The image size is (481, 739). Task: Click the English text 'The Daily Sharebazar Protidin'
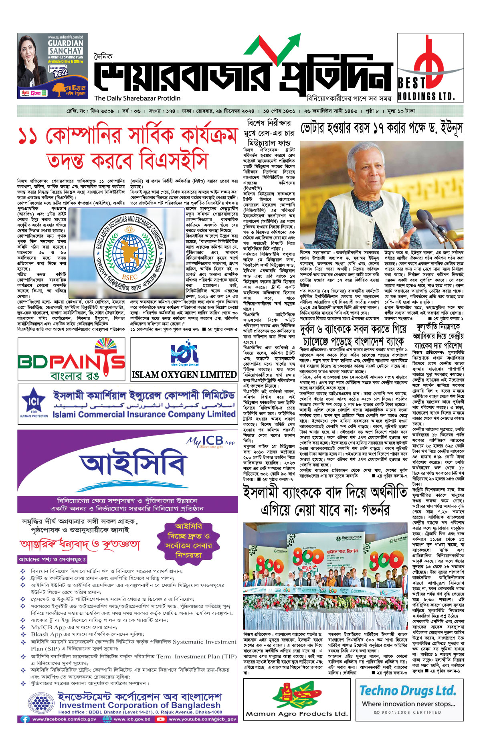(137, 98)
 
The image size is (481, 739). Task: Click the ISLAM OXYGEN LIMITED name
(184, 375)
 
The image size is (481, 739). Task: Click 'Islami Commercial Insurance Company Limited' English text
(144, 414)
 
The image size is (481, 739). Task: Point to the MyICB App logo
(210, 441)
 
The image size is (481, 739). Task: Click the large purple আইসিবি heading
(133, 465)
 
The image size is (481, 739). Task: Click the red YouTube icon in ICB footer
(160, 719)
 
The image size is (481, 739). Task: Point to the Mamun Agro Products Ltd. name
(296, 714)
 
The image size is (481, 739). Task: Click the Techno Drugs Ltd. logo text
(408, 691)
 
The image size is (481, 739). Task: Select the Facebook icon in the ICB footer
(25, 719)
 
